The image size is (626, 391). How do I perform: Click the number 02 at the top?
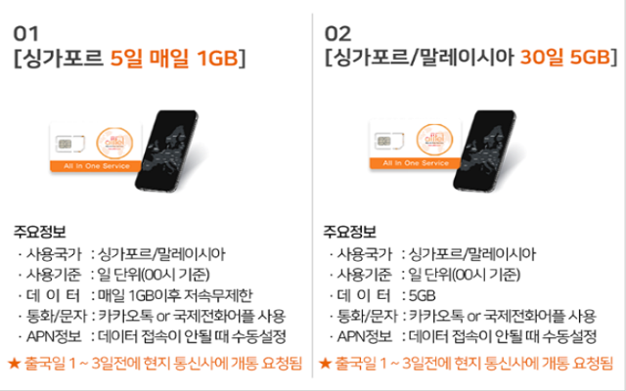337,33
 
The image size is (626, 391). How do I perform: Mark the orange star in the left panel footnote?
14,363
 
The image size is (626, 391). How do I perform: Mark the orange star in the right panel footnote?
324,363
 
